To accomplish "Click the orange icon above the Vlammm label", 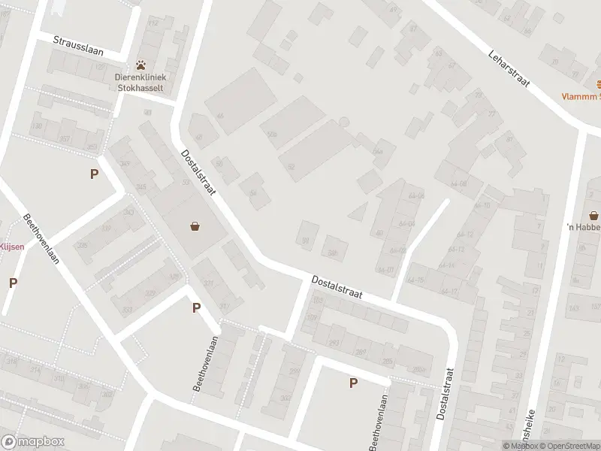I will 598,83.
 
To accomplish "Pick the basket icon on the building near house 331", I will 195,225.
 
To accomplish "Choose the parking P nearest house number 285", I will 352,383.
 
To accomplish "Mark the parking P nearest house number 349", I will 95,174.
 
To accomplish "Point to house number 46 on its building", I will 219,116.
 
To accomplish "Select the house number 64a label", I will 378,151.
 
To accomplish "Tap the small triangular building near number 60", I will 360,212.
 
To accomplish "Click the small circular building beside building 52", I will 344,121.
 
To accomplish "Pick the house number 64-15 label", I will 415,280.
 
